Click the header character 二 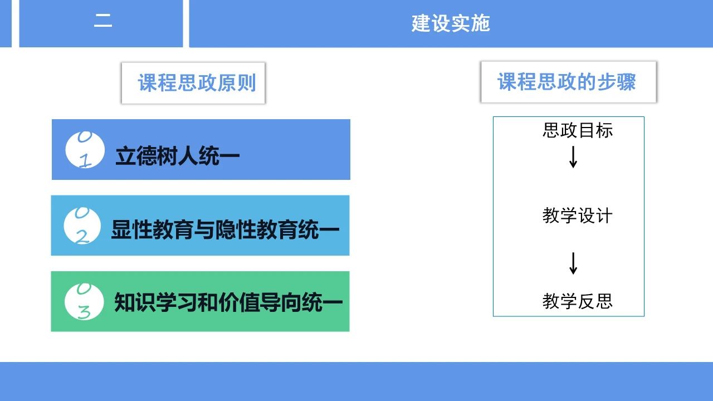103,21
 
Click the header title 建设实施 451,23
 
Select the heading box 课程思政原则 193,83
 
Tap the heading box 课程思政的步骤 569,82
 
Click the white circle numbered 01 85,150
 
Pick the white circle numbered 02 82,226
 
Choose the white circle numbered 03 84,301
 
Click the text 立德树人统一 177,156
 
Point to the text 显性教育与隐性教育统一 225,229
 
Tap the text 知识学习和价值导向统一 228,302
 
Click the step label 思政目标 578,130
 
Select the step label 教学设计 578,216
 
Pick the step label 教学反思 578,301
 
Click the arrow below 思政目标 573,157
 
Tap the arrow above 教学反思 573,263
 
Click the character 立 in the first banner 125,157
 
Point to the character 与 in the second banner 204,229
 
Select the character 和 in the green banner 208,302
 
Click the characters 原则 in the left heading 237,83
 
